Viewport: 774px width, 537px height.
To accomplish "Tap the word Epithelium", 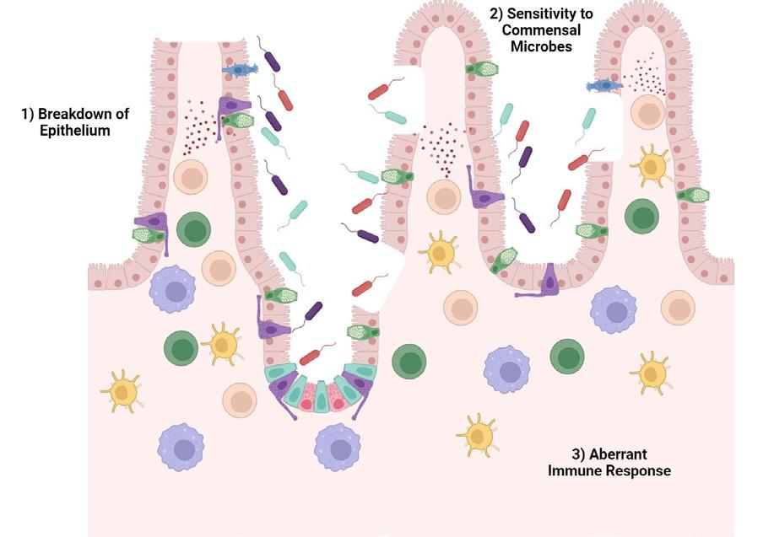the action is coord(74,131).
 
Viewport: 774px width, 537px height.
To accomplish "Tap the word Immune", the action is coord(574,470).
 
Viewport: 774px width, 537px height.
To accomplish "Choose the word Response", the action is coord(636,470).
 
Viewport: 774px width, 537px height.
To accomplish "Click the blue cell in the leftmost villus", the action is coord(240,70).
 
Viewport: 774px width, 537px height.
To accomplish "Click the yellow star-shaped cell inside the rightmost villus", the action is coord(652,165).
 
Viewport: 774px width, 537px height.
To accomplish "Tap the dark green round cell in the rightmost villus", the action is coord(641,217).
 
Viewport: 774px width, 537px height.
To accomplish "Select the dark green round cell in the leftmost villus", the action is coord(194,229).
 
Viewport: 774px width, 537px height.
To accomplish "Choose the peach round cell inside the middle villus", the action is coord(443,196).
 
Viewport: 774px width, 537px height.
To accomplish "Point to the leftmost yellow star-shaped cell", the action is coord(123,391).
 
